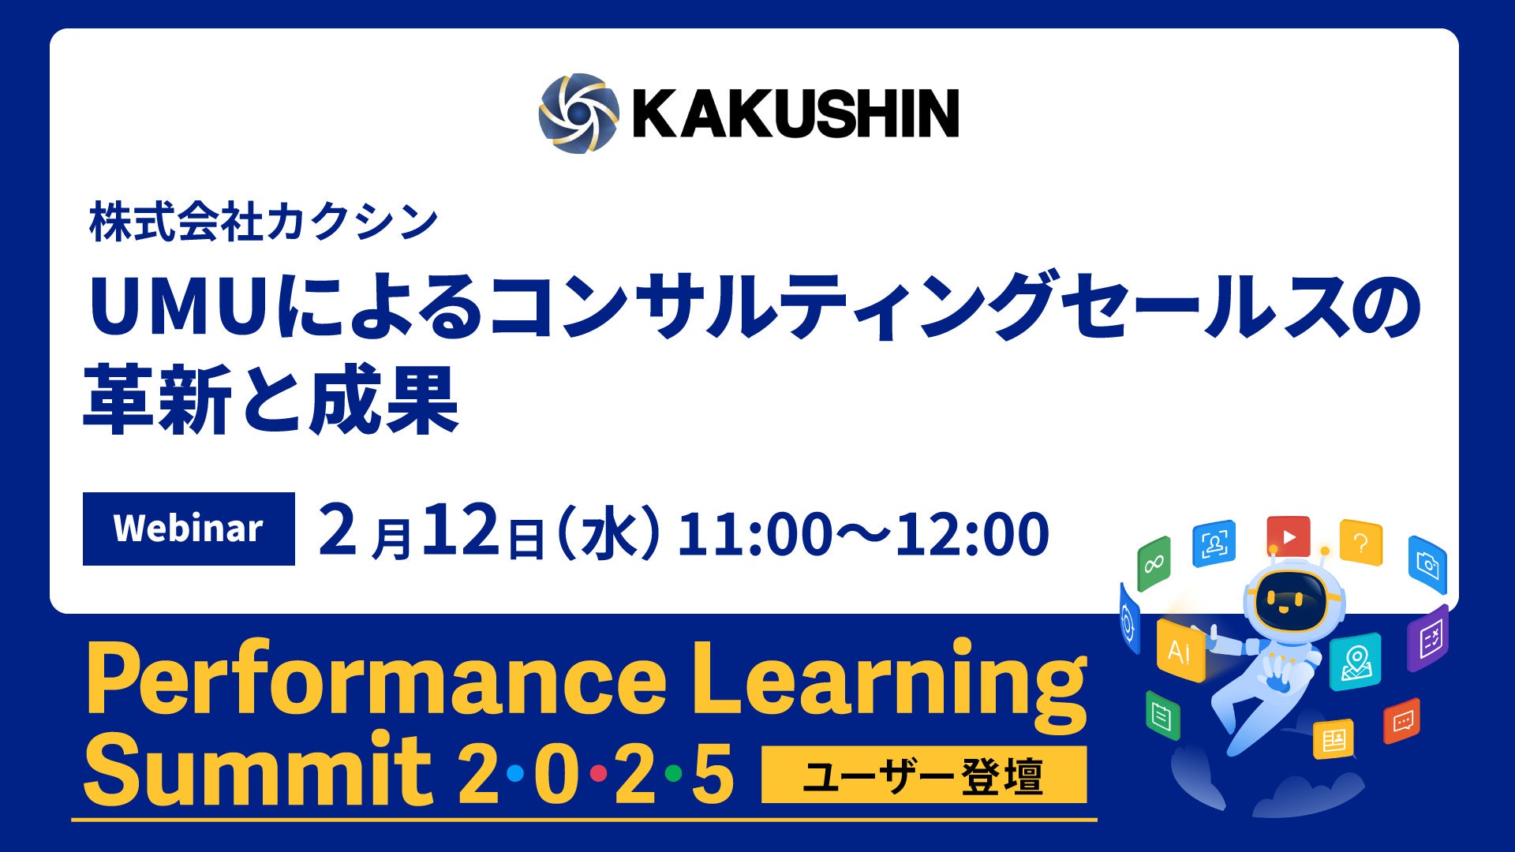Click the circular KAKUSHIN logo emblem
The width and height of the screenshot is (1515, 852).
(x=574, y=113)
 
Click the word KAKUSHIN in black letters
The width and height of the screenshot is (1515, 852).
(x=795, y=113)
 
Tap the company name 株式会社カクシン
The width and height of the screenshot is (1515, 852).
(x=264, y=222)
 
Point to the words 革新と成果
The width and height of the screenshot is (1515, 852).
(x=271, y=399)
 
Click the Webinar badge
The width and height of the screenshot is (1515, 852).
(x=189, y=529)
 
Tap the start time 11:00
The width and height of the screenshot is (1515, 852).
(x=754, y=533)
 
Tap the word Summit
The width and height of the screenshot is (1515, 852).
(x=258, y=767)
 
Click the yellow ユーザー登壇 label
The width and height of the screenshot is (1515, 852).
(x=924, y=775)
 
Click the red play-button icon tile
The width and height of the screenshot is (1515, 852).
(x=1289, y=536)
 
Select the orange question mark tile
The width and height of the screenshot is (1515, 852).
(x=1361, y=542)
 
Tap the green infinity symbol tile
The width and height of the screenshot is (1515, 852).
(x=1154, y=563)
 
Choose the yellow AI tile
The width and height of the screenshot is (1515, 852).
(x=1180, y=651)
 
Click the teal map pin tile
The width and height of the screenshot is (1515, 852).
(x=1356, y=661)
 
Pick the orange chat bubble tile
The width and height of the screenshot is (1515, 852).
(x=1402, y=721)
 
